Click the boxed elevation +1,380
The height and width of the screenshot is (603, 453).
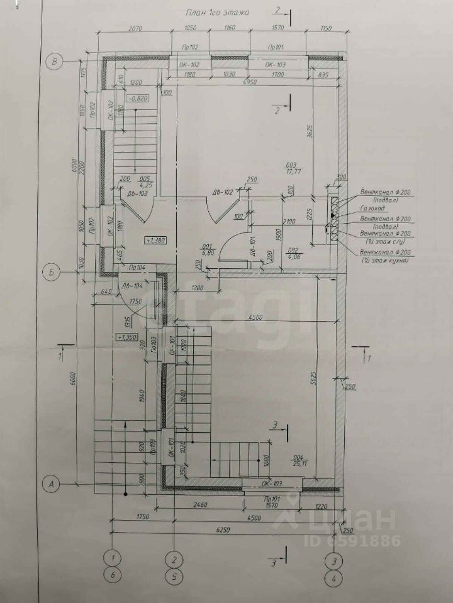click(x=155, y=240)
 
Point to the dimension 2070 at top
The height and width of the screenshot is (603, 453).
click(x=136, y=29)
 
